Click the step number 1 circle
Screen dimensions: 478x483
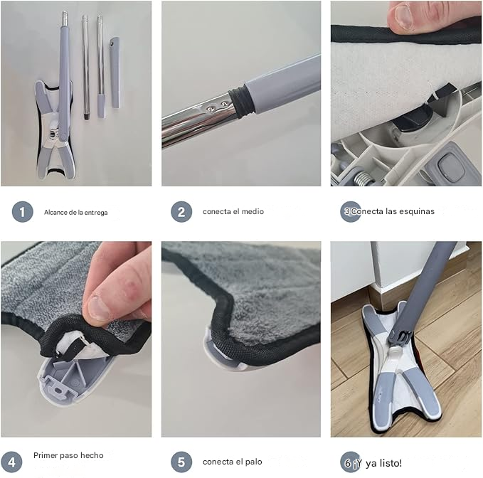point(22,211)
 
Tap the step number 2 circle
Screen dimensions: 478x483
point(181,211)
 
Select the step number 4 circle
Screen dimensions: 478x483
point(11,461)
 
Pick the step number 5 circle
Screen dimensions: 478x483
point(181,462)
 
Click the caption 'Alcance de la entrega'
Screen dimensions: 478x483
point(75,212)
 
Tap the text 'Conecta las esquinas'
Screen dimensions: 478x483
point(393,211)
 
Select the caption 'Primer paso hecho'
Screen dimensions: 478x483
point(68,455)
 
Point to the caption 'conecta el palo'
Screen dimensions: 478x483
point(232,462)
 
